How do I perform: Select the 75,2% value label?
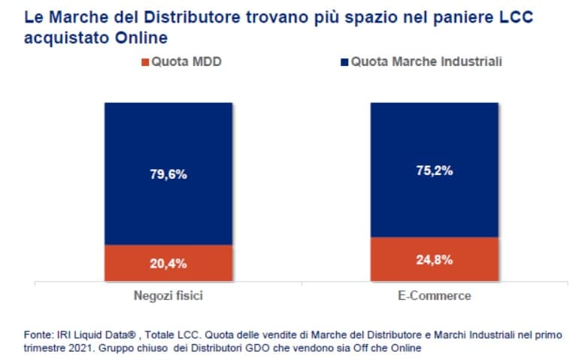pyautogui.click(x=434, y=171)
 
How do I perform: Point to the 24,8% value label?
pyautogui.click(x=434, y=261)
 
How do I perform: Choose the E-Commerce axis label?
pyautogui.click(x=434, y=295)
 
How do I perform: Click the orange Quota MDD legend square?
pyautogui.click(x=145, y=62)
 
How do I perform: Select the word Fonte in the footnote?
pyautogui.click(x=35, y=333)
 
